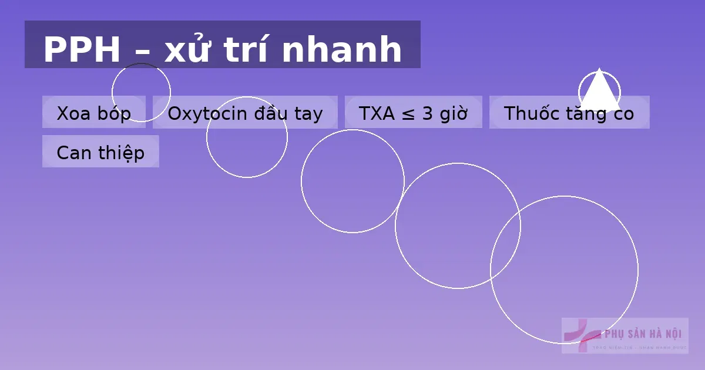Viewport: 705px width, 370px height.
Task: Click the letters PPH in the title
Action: coord(82,50)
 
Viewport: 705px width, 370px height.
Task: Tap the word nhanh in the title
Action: coord(343,50)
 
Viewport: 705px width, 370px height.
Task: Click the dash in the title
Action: coord(142,52)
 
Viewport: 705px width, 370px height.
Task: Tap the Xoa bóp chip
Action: coord(93,113)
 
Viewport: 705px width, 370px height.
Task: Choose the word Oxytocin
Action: coord(208,113)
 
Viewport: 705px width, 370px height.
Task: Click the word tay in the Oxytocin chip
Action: coord(308,113)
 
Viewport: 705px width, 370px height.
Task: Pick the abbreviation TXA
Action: coord(377,113)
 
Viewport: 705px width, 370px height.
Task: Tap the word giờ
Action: coord(453,113)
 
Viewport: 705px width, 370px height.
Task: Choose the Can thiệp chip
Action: coord(100,152)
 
